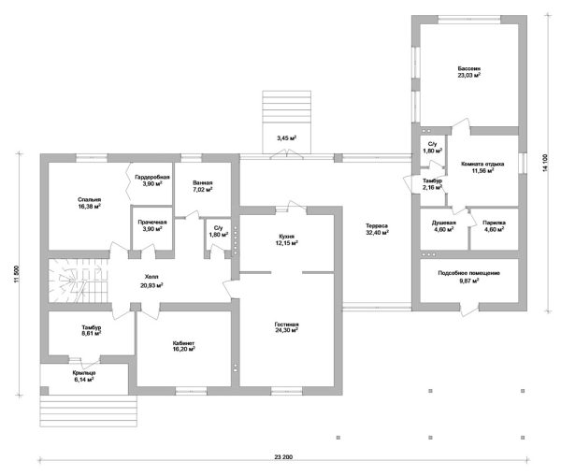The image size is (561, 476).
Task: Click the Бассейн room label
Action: tap(469, 68)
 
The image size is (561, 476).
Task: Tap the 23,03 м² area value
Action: tap(469, 75)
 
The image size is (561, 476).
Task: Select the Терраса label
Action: tap(377, 225)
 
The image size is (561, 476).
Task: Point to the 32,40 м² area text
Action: tap(377, 232)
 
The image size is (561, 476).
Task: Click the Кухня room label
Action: tap(287, 237)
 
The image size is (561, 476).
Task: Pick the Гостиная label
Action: tap(287, 325)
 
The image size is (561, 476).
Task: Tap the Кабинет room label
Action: tap(183, 343)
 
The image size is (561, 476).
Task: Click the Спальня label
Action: tap(90, 200)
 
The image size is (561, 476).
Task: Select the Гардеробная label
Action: tap(152, 177)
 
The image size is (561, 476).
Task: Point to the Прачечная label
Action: tap(152, 223)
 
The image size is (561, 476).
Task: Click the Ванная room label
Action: tap(203, 183)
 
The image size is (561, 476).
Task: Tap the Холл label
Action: tap(151, 277)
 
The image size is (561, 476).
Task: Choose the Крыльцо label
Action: tap(84, 373)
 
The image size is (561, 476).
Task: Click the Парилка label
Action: tap(494, 223)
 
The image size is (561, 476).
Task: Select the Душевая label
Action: tap(443, 223)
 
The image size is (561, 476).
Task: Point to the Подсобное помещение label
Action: tap(469, 273)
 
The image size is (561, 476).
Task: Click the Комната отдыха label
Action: tap(482, 165)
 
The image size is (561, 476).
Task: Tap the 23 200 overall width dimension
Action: tap(283, 457)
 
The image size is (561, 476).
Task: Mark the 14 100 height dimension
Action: tap(545, 163)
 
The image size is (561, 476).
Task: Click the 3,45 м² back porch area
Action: tap(287, 137)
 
